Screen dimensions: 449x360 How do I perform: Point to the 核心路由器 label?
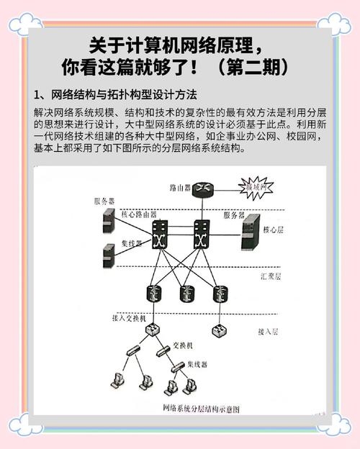[139, 214]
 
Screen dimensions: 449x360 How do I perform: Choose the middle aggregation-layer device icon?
[186, 293]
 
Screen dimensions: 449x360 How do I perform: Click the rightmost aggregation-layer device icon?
[217, 293]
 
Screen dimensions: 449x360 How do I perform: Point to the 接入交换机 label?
[132, 317]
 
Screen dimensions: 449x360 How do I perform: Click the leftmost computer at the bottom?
[118, 381]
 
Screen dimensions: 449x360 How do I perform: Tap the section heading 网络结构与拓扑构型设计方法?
[120, 96]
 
